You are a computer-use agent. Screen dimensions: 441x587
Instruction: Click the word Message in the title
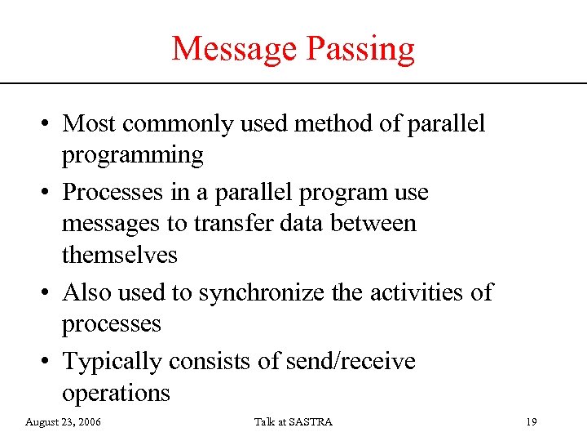[234, 49]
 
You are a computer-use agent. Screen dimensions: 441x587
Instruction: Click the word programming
[132, 156]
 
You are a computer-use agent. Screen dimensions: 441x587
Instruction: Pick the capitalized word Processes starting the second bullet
[117, 193]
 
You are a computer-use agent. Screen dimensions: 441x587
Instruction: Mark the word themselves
[119, 255]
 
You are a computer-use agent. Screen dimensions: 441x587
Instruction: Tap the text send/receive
[350, 361]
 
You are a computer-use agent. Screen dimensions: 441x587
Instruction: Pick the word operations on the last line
[116, 393]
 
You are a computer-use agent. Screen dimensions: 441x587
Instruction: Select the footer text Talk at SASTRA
[293, 422]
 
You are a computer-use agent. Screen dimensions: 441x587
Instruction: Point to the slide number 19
[531, 422]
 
